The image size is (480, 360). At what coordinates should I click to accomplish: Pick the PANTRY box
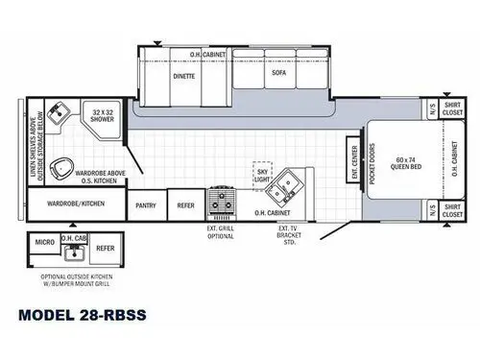click(x=146, y=204)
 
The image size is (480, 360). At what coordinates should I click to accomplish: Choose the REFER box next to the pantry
click(x=185, y=204)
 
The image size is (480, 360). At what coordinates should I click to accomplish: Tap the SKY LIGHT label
click(x=261, y=171)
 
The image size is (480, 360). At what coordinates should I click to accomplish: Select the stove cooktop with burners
click(x=224, y=202)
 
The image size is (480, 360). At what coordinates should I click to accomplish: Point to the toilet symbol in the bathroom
click(x=64, y=168)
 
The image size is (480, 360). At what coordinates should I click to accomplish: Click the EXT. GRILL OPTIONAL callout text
click(x=222, y=232)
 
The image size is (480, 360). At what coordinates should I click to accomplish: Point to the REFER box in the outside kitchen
click(x=106, y=248)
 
